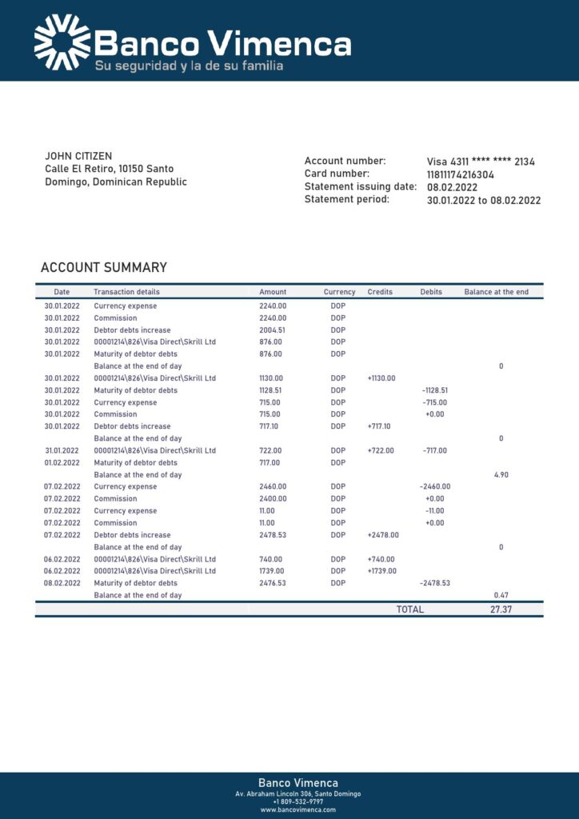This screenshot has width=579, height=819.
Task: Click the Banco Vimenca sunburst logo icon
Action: (x=62, y=42)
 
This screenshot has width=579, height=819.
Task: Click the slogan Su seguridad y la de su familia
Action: (x=189, y=66)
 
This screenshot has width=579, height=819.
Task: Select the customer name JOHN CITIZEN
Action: (x=78, y=156)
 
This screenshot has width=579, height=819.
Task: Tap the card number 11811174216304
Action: (x=461, y=174)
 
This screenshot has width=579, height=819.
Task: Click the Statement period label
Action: (x=346, y=199)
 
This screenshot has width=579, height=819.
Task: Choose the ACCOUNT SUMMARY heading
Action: (x=104, y=268)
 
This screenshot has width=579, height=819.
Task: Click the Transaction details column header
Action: (x=126, y=292)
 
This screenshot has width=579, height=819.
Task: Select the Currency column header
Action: (x=339, y=292)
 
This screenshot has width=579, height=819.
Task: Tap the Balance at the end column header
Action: (x=496, y=292)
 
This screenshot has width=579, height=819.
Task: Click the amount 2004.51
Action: (x=273, y=330)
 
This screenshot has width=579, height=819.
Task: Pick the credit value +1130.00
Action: (x=381, y=378)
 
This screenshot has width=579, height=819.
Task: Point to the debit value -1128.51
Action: (x=435, y=390)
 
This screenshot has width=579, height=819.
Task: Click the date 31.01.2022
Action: (x=62, y=450)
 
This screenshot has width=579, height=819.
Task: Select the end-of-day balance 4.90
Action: (x=501, y=475)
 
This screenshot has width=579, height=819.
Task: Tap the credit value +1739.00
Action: (x=381, y=571)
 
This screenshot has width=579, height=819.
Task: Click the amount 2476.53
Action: (x=273, y=583)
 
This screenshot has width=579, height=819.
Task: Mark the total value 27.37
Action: (x=501, y=609)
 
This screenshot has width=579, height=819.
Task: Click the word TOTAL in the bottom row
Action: (x=410, y=609)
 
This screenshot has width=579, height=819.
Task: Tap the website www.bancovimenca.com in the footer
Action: (x=297, y=809)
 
